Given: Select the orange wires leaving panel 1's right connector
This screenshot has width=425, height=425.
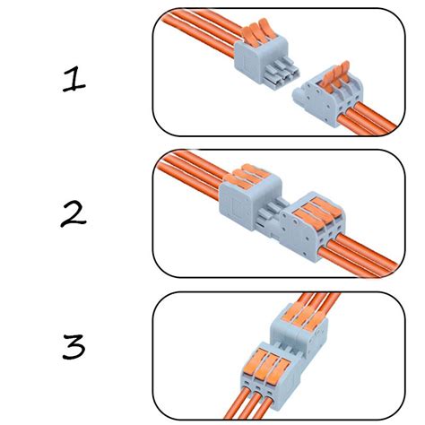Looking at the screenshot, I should [x=368, y=126].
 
